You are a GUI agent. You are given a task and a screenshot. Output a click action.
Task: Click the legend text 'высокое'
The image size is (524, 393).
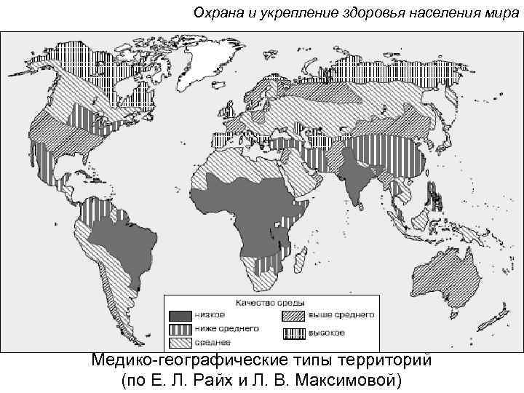(327, 333)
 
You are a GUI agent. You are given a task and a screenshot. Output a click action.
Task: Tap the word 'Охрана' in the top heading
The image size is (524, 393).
(217, 13)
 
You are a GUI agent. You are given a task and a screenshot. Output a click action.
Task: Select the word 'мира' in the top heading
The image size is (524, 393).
(502, 13)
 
